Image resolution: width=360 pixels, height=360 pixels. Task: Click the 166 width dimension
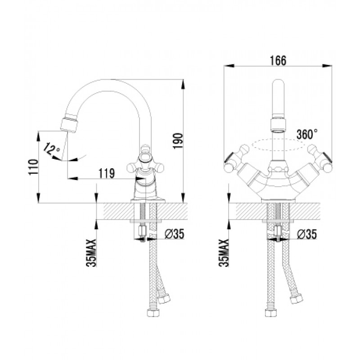pyautogui.click(x=278, y=61)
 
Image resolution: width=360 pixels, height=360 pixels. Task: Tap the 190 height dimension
pyautogui.click(x=178, y=140)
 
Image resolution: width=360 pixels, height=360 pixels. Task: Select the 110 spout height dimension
pyautogui.click(x=33, y=167)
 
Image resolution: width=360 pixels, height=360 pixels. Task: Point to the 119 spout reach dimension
pyautogui.click(x=107, y=173)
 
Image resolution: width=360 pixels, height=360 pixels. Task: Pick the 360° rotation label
pyautogui.click(x=307, y=134)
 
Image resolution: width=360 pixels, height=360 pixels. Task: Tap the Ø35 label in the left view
pyautogui.click(x=175, y=234)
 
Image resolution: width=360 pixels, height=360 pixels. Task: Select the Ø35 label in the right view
pyautogui.click(x=307, y=234)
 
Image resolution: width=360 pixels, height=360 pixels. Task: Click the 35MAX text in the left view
pyautogui.click(x=91, y=253)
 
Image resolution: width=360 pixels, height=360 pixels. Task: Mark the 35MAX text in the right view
pyautogui.click(x=224, y=253)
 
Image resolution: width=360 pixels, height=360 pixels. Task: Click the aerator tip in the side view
pyautogui.click(x=69, y=125)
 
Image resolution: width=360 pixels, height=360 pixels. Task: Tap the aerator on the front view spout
pyautogui.click(x=278, y=126)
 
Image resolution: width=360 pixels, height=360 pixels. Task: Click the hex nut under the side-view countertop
pyautogui.click(x=142, y=230)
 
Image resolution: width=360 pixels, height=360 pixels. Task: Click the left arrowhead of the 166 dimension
pyautogui.click(x=229, y=66)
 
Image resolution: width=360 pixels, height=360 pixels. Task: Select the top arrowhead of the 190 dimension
pyautogui.click(x=183, y=84)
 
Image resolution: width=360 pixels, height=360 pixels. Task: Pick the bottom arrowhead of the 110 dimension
pyautogui.click(x=39, y=198)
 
